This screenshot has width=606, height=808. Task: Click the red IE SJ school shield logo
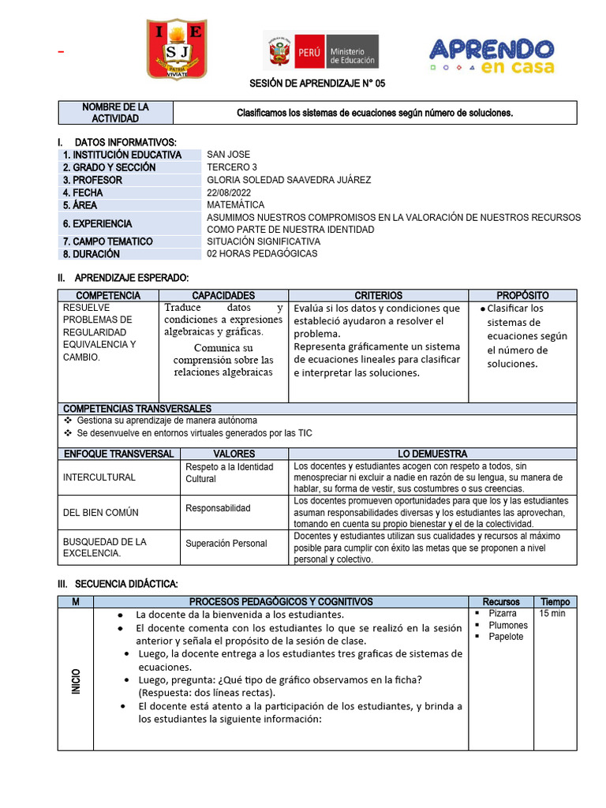point(177,49)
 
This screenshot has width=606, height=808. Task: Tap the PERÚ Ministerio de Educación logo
point(320,50)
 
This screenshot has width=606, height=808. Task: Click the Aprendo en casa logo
point(491,55)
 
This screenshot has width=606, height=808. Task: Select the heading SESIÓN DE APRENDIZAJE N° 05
point(318,84)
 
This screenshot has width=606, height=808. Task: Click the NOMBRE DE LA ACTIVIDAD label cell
point(115,113)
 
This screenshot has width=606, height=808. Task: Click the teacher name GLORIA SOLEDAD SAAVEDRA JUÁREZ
point(289,180)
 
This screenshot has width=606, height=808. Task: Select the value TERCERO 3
point(232,167)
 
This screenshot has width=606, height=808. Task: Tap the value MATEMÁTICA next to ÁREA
point(236,205)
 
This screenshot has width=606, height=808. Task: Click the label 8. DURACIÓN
point(92,254)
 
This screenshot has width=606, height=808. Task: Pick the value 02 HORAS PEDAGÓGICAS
point(262,254)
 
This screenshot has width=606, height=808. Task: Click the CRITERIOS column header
point(378,295)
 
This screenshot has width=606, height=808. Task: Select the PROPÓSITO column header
point(522,295)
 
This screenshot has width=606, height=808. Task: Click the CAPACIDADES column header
point(223,295)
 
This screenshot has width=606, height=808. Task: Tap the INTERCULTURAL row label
point(99,477)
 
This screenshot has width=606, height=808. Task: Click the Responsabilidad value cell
point(218,508)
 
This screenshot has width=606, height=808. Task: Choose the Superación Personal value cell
point(226,543)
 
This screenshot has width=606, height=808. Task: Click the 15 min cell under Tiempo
point(552,613)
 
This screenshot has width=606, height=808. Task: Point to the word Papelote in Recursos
point(506,637)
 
